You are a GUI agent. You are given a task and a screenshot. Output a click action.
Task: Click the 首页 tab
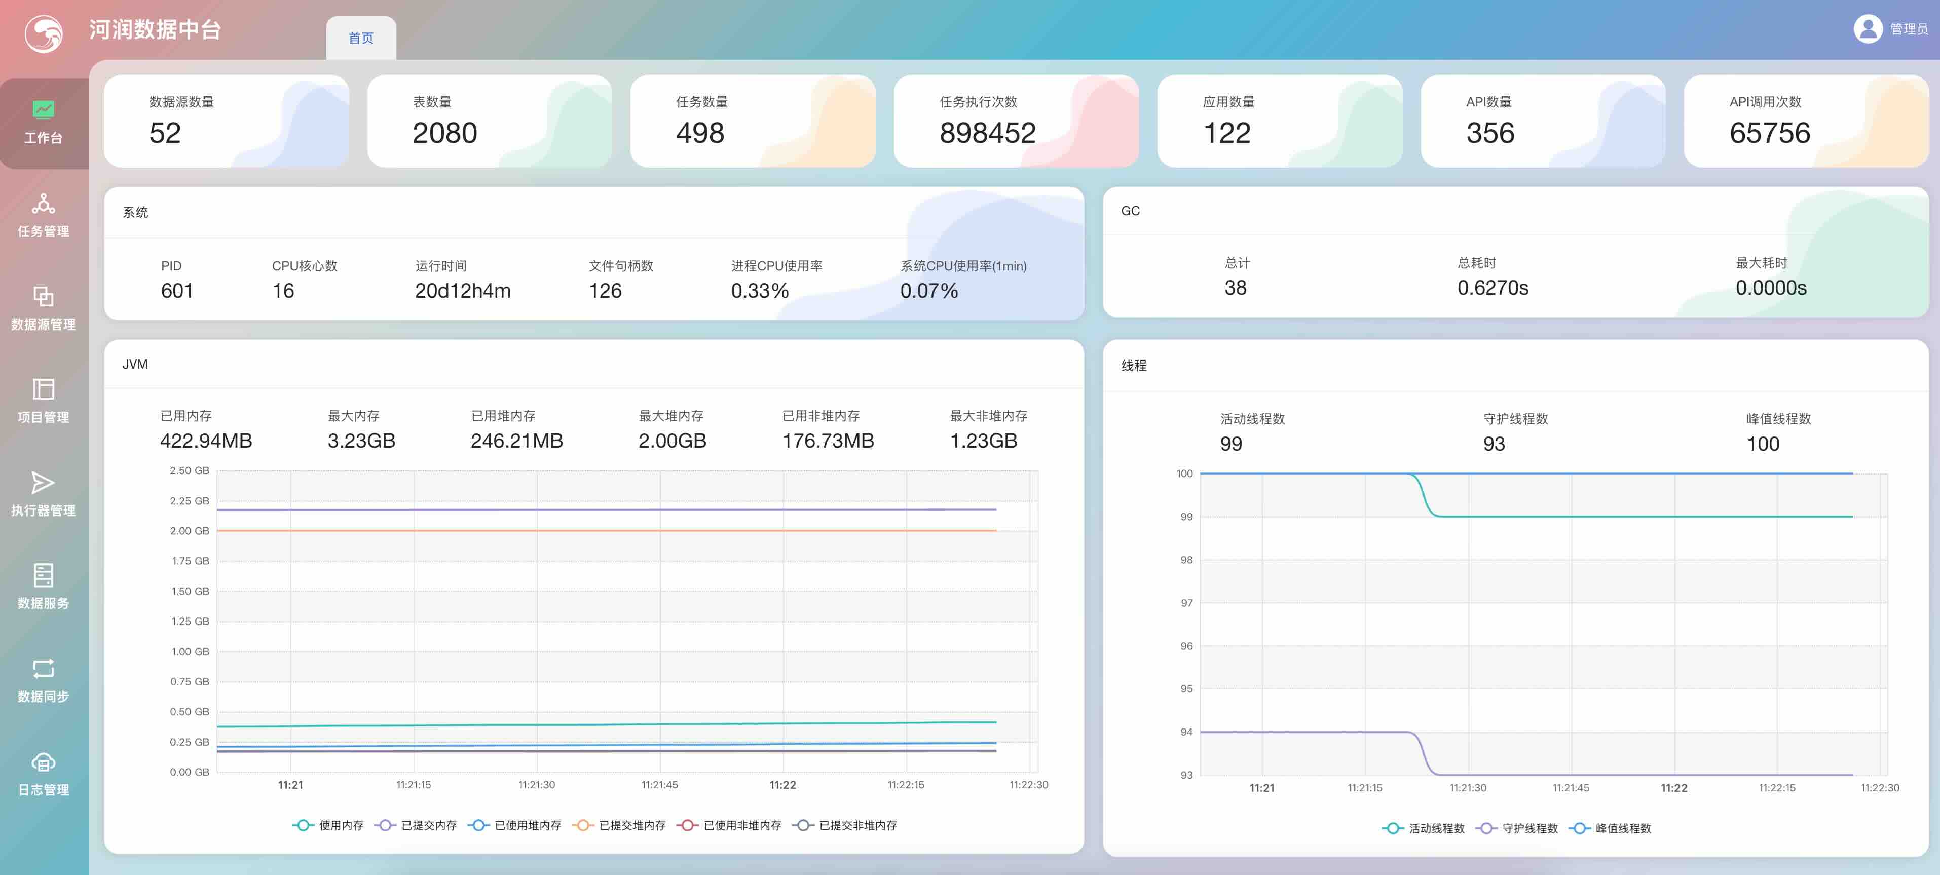click(361, 38)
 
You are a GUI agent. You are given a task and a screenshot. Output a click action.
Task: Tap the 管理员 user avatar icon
click(1868, 28)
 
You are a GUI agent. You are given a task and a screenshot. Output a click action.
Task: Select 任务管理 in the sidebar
click(44, 215)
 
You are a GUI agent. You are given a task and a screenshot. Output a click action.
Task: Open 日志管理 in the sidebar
click(44, 774)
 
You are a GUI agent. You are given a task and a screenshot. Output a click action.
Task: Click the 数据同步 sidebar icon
click(44, 669)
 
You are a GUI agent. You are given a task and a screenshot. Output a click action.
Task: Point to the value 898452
click(987, 133)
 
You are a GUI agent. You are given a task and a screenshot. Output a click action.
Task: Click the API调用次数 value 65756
click(1769, 133)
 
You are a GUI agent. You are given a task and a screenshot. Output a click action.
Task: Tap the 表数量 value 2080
click(444, 133)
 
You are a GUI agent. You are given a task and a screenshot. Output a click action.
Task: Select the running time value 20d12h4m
click(462, 291)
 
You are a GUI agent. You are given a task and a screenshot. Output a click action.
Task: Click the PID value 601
click(177, 291)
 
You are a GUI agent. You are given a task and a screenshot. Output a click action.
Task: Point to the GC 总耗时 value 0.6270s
click(1492, 288)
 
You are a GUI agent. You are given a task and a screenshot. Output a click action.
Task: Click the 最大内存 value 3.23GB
click(361, 441)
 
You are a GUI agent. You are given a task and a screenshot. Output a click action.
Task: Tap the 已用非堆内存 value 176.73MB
click(828, 441)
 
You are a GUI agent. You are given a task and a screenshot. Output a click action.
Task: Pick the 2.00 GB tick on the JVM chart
click(190, 531)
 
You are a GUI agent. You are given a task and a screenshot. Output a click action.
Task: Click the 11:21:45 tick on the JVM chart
click(660, 785)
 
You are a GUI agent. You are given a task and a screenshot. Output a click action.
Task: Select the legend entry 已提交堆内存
click(619, 825)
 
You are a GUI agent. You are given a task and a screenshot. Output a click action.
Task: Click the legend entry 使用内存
click(327, 825)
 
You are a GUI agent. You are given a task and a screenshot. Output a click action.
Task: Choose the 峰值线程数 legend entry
click(1610, 828)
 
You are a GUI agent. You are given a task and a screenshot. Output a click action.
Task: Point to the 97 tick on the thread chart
click(1186, 603)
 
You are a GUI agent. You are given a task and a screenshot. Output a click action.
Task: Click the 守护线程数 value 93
click(1494, 444)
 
